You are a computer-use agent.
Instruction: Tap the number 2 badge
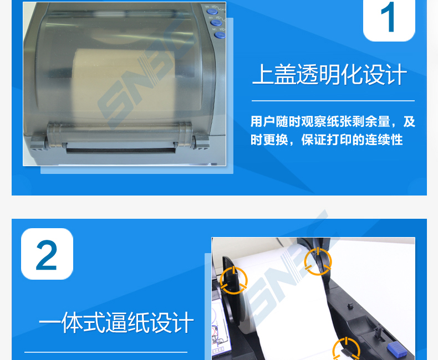point(47,254)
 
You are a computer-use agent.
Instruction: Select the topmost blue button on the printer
point(212,12)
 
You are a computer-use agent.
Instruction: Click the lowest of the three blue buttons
point(220,35)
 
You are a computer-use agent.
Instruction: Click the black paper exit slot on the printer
point(121,150)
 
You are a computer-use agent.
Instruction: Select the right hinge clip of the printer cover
point(201,141)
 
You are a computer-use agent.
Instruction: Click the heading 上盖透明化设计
point(329,74)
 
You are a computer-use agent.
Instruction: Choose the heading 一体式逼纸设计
point(116,322)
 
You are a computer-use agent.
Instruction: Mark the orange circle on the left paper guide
point(233,280)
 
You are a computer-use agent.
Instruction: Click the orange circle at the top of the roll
point(318,261)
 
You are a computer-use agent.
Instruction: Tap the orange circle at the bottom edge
point(347,349)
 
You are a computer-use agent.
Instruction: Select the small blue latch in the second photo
point(397,349)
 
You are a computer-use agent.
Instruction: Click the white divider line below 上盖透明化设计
point(333,100)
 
